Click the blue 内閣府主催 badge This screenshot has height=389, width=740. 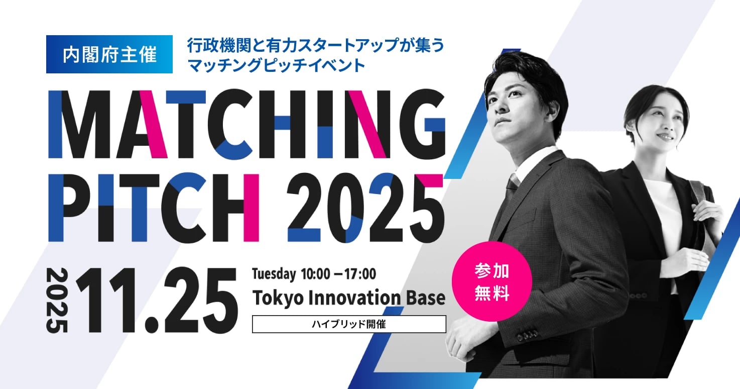tap(109, 54)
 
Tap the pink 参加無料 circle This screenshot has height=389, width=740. tap(491, 281)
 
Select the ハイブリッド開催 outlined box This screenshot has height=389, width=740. tap(348, 324)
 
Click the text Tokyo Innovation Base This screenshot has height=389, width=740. tap(348, 298)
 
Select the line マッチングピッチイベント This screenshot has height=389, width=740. tap(276, 66)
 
